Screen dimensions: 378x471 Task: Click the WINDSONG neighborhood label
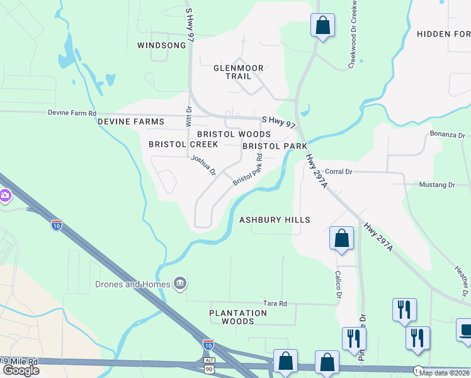pos(162,45)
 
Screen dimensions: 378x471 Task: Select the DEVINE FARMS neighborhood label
pos(130,122)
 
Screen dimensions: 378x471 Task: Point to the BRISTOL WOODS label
pos(234,134)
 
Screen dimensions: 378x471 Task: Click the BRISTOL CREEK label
pos(183,144)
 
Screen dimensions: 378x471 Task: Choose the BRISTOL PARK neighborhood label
pos(275,146)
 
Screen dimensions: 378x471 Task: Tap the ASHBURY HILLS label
pos(275,220)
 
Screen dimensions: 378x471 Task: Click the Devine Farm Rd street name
pos(72,113)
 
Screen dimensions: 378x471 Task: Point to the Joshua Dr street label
pos(203,166)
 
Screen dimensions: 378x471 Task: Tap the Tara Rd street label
pos(275,303)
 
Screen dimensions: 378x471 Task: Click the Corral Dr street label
pos(338,171)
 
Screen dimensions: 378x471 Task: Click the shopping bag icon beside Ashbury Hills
pos(341,239)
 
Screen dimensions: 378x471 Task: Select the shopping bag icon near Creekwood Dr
pos(322,26)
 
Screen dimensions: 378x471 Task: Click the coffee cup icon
pos(465,330)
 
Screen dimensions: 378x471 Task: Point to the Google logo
pos(21,370)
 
